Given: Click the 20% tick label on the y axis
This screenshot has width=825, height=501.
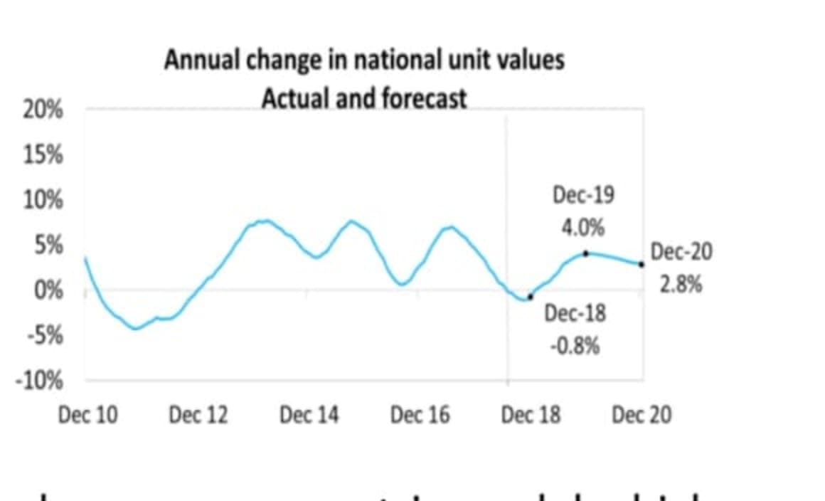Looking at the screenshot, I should click(45, 111).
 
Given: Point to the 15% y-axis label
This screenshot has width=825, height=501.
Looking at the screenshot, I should click(45, 155).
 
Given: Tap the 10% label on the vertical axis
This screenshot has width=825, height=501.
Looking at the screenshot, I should click(45, 201).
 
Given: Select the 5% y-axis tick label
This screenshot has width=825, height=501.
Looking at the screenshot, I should click(48, 246).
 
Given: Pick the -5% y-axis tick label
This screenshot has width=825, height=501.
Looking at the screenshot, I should click(46, 335).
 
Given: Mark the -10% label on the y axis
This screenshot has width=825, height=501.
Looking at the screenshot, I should click(42, 381).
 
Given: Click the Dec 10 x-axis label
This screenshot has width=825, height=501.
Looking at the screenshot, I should click(87, 415).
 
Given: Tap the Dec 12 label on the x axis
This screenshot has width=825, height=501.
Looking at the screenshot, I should click(198, 415).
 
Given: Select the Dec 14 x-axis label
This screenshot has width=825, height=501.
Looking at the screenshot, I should click(309, 415).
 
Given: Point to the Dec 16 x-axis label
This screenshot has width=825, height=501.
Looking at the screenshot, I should click(420, 415).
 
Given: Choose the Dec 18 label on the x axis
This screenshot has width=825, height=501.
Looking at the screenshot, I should click(531, 415).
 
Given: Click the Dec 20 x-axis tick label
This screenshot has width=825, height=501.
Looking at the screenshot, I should click(642, 415).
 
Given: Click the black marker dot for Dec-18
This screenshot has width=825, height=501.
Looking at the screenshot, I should click(530, 296).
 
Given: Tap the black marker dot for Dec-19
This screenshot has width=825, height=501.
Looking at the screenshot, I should click(585, 253).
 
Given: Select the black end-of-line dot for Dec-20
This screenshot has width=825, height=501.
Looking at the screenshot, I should click(642, 264).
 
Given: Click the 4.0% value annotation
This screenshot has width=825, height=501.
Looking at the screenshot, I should click(583, 228).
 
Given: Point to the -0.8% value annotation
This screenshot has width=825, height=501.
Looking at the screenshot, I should click(575, 347).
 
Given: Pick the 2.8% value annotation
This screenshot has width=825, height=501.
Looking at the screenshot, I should click(681, 285).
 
